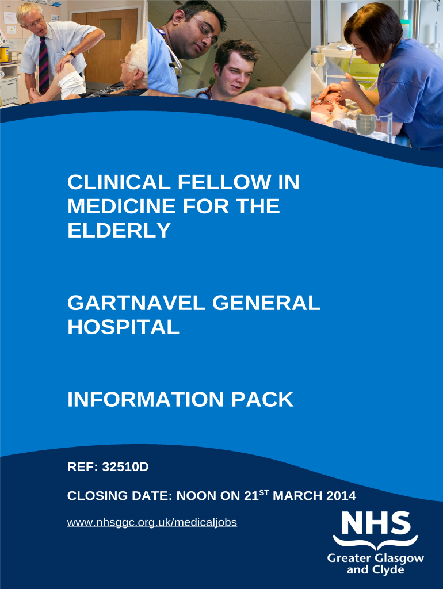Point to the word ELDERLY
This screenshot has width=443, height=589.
click(119, 231)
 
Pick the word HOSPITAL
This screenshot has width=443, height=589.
click(123, 327)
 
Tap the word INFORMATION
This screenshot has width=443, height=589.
click(146, 400)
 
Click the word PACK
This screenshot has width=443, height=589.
click(262, 400)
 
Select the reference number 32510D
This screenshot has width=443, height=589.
click(125, 466)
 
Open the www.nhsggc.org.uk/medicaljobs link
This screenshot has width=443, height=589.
click(152, 523)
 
